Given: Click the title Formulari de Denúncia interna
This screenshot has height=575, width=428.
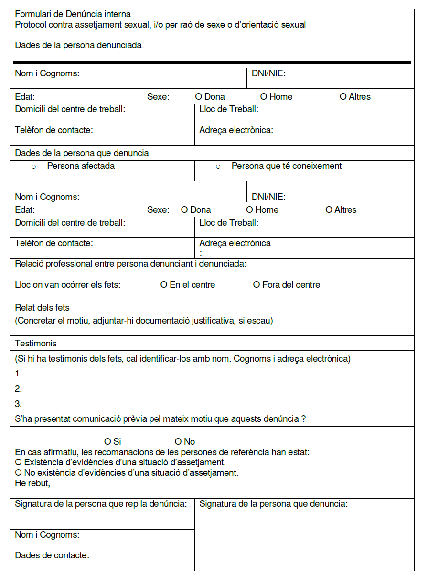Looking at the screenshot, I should coord(73,14).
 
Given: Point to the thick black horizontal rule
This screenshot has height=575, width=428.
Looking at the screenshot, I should coord(212,62).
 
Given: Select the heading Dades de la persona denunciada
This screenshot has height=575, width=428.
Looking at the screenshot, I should coord(78,45).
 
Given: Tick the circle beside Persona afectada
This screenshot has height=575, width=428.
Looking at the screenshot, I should coord(33,167).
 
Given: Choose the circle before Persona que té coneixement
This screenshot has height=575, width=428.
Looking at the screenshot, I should coord(218,167).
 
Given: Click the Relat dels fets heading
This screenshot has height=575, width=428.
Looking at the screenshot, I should coord(42,307).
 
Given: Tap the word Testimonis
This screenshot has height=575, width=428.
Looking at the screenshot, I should coord(35,343).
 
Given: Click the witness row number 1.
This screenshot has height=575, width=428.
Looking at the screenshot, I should coord(19,374).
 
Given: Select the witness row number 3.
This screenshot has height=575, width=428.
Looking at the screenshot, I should coord(19,404).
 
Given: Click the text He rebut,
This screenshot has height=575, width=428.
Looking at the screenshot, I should coord(32,483).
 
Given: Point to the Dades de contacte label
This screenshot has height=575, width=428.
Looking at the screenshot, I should coord(52,555).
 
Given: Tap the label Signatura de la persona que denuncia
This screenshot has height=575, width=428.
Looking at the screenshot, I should coord(273,504).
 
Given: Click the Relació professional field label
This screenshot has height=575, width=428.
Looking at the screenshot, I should coord(130,264).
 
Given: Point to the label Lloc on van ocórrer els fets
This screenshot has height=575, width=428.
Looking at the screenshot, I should coord(67,285).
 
